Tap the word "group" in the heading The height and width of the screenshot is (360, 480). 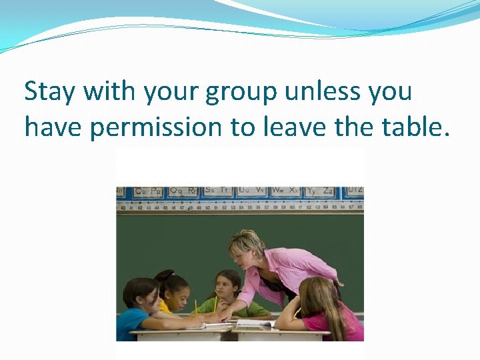pyautogui.click(x=241, y=92)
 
